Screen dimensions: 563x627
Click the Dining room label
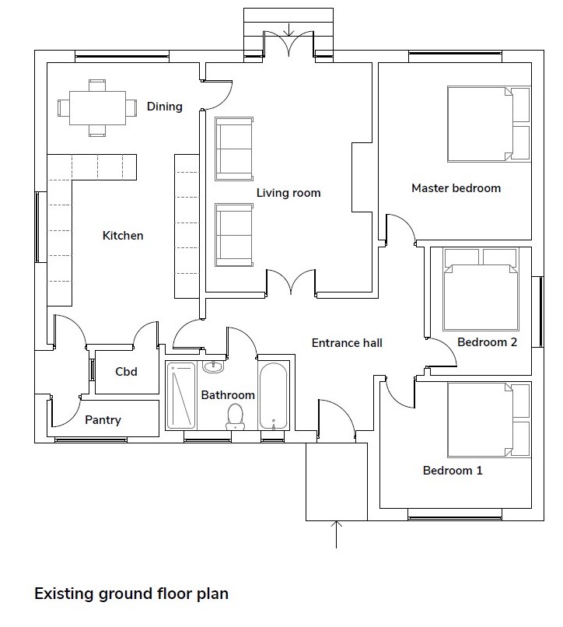[x=164, y=107]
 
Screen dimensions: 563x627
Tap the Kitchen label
[x=123, y=236]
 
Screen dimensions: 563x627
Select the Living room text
[x=288, y=193]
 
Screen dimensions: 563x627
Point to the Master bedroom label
[x=456, y=188]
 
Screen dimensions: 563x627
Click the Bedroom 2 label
[x=487, y=342]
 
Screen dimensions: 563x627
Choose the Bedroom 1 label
[x=453, y=470]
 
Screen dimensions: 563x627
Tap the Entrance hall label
[x=347, y=343]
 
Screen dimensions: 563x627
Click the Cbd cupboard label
[x=126, y=372]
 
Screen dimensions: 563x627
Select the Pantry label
[x=103, y=420]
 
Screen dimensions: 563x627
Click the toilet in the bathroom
[x=235, y=416]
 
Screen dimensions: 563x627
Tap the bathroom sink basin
[x=213, y=366]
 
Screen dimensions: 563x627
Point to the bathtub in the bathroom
[x=273, y=396]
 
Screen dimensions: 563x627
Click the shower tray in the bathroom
[x=181, y=395]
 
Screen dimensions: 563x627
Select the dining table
[x=97, y=108]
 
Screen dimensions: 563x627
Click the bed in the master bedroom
[x=488, y=124]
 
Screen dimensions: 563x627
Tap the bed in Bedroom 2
[x=481, y=289]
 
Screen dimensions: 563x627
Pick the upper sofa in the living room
[x=234, y=149]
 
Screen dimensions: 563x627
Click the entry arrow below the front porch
[x=336, y=534]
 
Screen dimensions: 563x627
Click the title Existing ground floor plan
[x=131, y=594]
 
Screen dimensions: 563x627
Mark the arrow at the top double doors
[x=289, y=30]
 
